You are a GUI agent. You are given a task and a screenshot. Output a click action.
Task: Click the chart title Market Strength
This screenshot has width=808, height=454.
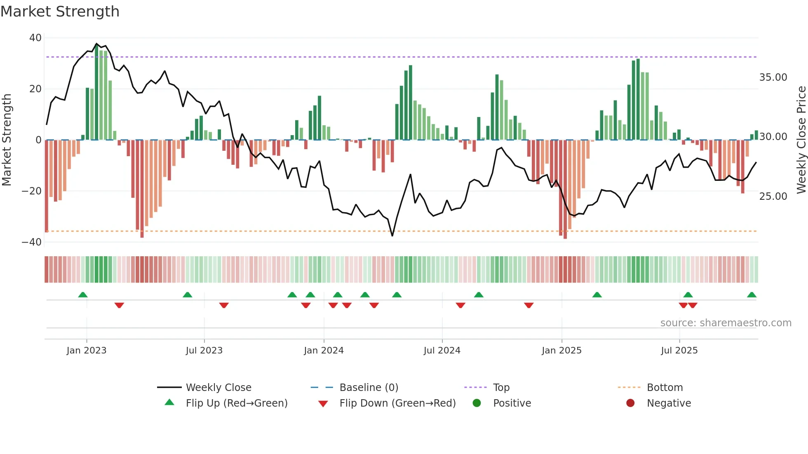[x=60, y=11]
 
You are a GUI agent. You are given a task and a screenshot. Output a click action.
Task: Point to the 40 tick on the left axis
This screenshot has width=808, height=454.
[x=35, y=38]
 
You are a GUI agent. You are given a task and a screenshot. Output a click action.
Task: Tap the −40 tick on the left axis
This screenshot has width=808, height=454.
[x=32, y=242]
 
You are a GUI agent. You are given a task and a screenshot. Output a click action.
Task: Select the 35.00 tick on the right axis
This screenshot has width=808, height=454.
[x=773, y=77]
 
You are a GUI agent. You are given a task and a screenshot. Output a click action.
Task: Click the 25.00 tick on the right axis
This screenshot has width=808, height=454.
[x=773, y=197]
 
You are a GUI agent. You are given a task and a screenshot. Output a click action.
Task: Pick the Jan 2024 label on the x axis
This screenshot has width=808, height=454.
[x=324, y=351]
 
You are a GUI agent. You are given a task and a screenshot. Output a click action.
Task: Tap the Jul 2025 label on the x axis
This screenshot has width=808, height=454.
[x=679, y=351]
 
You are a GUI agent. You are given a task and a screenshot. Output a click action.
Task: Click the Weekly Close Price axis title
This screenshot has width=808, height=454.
[x=801, y=140]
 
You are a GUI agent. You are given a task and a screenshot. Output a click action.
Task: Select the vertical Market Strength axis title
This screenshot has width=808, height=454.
[x=7, y=140]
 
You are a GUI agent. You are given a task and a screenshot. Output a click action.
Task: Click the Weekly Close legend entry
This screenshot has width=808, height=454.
[x=218, y=388]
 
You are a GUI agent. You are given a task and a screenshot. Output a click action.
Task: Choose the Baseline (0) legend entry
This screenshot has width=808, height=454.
[x=369, y=388]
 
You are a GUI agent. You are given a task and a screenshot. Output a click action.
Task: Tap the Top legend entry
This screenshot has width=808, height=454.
[x=501, y=388]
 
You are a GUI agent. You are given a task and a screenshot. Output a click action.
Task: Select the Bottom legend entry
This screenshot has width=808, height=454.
[x=665, y=388]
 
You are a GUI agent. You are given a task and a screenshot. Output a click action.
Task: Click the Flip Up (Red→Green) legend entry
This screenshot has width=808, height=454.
[x=236, y=403]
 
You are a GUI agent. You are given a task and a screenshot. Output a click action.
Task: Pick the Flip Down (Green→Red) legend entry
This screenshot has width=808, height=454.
[x=397, y=403]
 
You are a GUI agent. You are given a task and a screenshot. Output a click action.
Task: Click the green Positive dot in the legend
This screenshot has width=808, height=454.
[x=477, y=403]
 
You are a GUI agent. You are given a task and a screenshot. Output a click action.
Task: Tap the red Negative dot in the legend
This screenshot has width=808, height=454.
[x=630, y=403]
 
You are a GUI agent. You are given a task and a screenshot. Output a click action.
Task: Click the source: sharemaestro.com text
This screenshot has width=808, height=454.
[x=726, y=323]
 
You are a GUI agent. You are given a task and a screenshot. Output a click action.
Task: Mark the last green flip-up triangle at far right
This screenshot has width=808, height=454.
[x=752, y=295]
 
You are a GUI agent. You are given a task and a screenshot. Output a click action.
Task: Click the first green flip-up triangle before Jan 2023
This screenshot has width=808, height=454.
[x=83, y=295]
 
